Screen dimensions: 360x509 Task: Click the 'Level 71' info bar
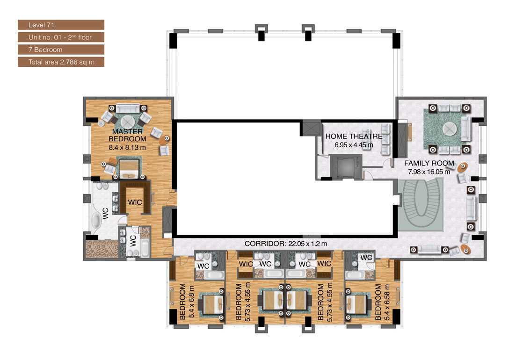click(60, 25)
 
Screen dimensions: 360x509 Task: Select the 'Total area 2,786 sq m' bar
click(60, 62)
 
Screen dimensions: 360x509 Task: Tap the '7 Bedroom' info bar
click(60, 50)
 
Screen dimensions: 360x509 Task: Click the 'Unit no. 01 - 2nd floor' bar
click(60, 37)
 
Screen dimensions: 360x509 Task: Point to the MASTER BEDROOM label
click(127, 135)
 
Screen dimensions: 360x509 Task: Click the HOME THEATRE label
click(354, 137)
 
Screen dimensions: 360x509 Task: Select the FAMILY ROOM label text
click(429, 163)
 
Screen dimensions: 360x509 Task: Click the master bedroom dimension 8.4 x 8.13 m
click(127, 146)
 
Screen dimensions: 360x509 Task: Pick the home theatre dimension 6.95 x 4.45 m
click(354, 145)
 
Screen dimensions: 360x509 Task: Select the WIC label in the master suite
click(136, 202)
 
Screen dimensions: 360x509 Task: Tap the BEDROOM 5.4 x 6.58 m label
click(382, 302)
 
